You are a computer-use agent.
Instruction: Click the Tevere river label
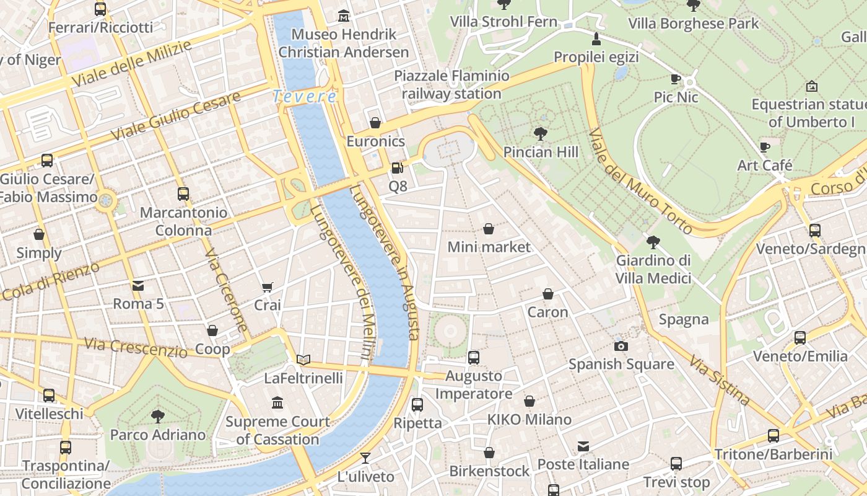point(305,96)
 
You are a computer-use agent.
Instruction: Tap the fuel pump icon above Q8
point(397,167)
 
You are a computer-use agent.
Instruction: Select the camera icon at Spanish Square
point(621,346)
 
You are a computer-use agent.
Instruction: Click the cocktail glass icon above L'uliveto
point(365,458)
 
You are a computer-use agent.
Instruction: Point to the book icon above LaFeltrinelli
point(303,360)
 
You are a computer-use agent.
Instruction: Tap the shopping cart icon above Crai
point(267,287)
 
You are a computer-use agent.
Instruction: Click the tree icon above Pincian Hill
point(540,133)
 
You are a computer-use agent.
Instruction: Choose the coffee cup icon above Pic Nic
point(676,79)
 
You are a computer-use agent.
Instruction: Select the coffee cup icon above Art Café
point(765,147)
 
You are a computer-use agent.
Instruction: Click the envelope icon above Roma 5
point(137,286)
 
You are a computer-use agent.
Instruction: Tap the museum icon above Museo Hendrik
point(344,15)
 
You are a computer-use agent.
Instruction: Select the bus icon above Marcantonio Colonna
point(183,194)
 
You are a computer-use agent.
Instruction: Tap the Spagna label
point(683,319)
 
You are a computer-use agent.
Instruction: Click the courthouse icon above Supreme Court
point(277,403)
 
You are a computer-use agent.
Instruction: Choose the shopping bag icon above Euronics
point(375,123)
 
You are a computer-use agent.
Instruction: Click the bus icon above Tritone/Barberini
point(773,436)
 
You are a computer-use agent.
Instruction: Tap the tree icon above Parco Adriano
point(158,416)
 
